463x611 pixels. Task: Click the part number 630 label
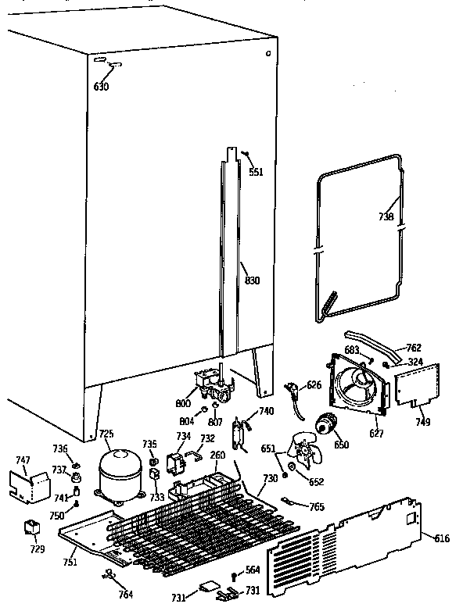102,87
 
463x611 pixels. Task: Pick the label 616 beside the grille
441,539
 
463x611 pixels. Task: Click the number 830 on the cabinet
252,281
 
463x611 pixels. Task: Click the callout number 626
313,384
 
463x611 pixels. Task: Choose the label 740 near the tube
266,412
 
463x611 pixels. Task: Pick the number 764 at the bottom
125,595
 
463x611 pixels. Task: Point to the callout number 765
316,507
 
